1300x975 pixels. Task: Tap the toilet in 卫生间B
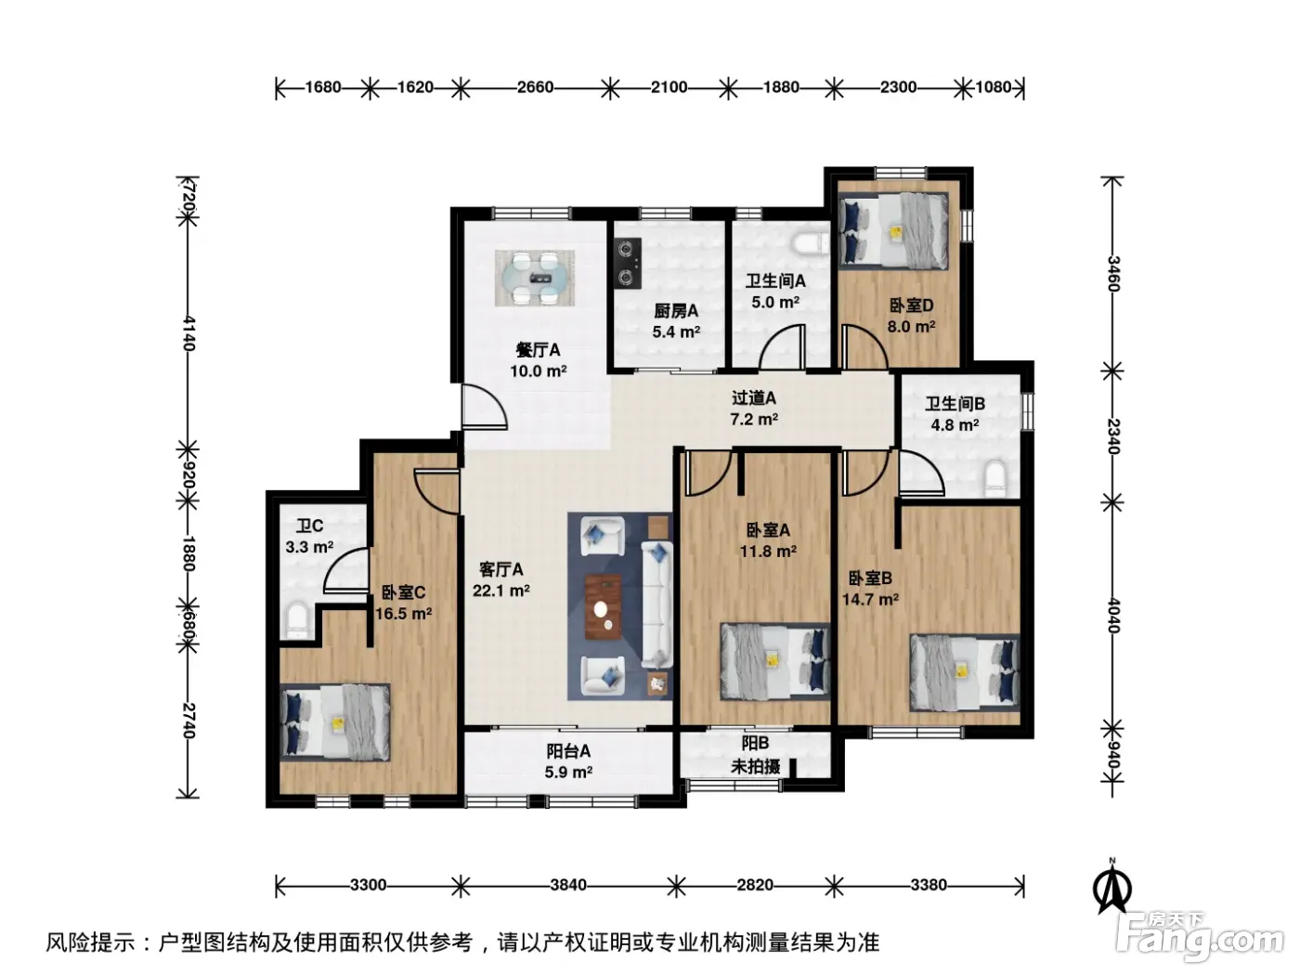click(994, 477)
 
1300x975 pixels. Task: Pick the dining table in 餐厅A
click(535, 278)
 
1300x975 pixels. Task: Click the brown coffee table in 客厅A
click(603, 606)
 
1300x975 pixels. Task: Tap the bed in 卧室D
click(893, 231)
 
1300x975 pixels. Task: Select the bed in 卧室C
click(334, 722)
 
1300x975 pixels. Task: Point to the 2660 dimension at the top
click(535, 87)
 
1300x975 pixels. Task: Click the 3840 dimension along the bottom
click(568, 885)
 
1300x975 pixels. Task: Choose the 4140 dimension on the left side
click(188, 332)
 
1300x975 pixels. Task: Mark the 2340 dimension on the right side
click(1112, 436)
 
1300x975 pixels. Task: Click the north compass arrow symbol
click(1112, 889)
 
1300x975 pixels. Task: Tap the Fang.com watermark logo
click(1200, 936)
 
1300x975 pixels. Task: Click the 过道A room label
click(753, 397)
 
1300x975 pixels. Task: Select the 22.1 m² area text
click(501, 591)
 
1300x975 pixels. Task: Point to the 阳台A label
click(568, 751)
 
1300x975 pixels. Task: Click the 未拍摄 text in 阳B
click(755, 767)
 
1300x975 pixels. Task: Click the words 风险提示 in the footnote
click(91, 942)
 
